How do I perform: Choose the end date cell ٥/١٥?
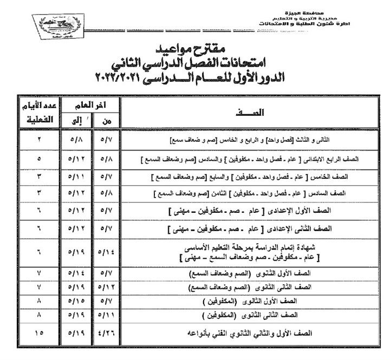tap(75, 300)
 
